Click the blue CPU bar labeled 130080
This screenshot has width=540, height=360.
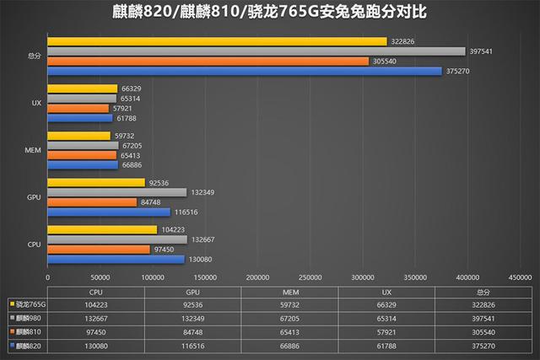pyautogui.click(x=116, y=259)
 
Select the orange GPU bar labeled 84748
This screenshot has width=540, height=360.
pyautogui.click(x=92, y=202)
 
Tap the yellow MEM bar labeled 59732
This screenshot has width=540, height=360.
pyautogui.click(x=78, y=135)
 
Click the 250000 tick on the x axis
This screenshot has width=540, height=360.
pyautogui.click(x=310, y=277)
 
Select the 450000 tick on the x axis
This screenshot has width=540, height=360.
pyautogui.click(x=519, y=277)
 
